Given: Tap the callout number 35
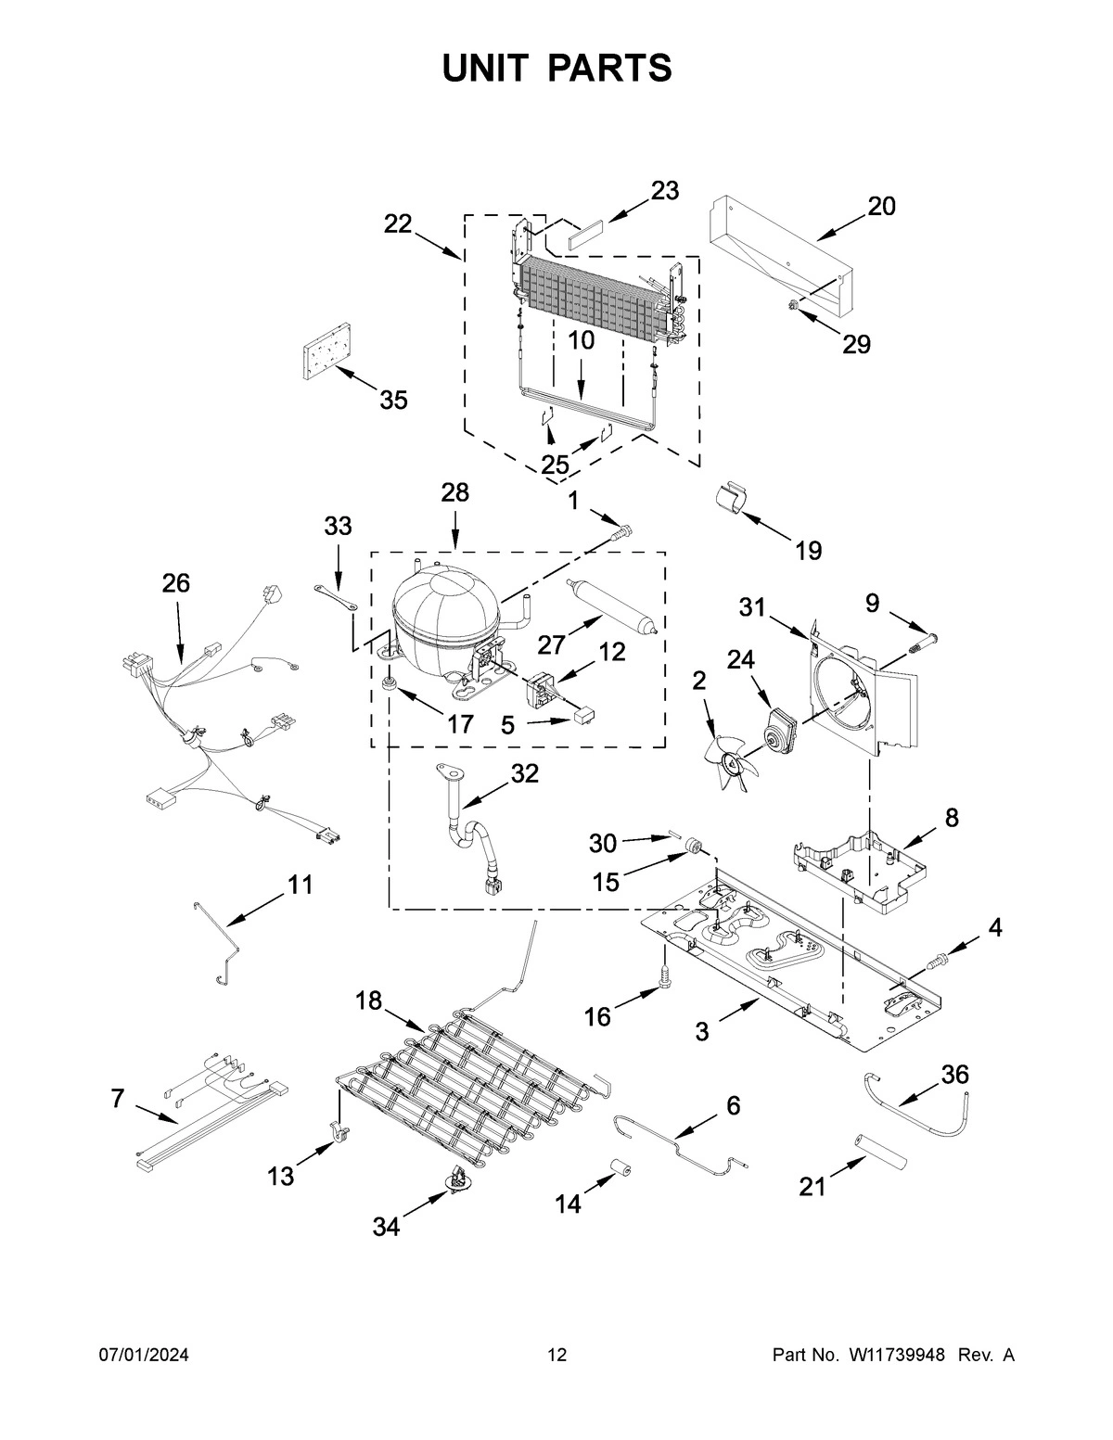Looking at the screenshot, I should tap(393, 401).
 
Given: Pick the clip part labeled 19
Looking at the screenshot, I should tap(736, 499).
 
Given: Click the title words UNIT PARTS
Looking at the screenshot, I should tap(556, 68).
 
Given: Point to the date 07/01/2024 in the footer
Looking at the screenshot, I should tap(144, 1356).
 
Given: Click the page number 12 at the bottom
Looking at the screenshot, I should tap(556, 1356).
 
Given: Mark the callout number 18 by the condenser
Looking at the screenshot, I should tap(368, 1000).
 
